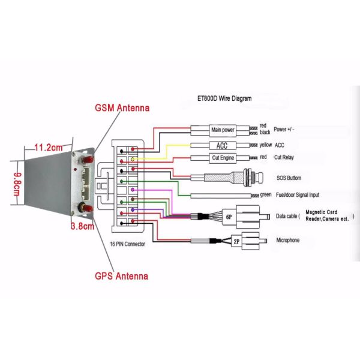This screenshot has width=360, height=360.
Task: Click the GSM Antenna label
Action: click(x=122, y=108)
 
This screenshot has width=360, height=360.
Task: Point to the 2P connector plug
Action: click(x=238, y=240)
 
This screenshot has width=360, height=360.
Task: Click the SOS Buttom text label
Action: click(x=289, y=178)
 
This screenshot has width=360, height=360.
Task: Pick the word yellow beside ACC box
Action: click(x=266, y=146)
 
